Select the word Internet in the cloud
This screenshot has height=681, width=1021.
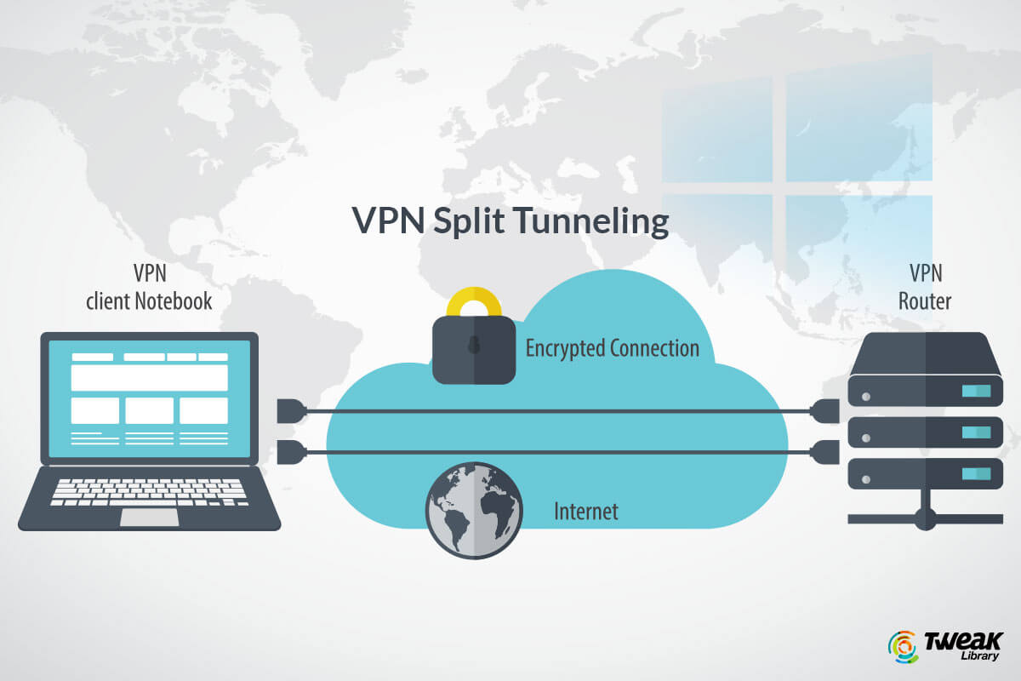click(x=586, y=512)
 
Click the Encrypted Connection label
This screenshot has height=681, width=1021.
click(x=612, y=348)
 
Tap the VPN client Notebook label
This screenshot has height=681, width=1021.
click(x=148, y=287)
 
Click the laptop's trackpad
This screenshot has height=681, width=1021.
click(x=149, y=518)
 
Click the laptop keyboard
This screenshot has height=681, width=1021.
click(x=149, y=491)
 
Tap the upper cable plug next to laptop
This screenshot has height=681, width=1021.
click(x=290, y=412)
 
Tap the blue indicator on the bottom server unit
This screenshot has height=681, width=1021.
click(x=976, y=472)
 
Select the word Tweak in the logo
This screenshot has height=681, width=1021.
click(x=963, y=639)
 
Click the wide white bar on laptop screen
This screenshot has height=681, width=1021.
click(x=149, y=377)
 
